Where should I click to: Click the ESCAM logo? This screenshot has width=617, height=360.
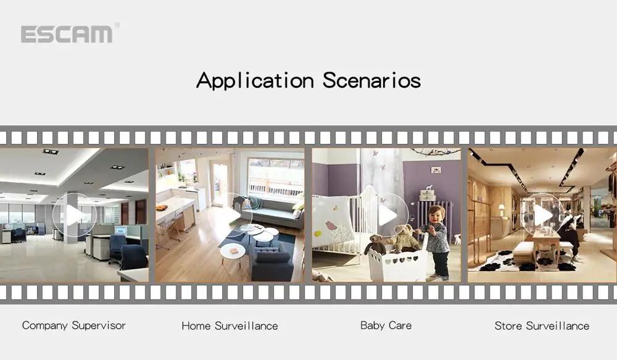[67, 34]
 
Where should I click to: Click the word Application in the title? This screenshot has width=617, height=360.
[255, 81]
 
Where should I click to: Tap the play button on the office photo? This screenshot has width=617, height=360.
[75, 215]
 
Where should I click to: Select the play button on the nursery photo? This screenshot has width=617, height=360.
[387, 215]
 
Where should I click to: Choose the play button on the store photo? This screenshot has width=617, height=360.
[543, 215]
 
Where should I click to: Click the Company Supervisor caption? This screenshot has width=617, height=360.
[74, 325]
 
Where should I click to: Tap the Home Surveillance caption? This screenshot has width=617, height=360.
[230, 326]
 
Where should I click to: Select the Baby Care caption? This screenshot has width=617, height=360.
[386, 325]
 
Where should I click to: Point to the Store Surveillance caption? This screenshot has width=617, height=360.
[542, 326]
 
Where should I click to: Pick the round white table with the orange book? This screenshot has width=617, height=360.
[233, 253]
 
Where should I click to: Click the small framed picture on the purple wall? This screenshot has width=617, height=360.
[436, 170]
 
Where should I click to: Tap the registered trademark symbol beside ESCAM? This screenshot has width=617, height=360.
[117, 25]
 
